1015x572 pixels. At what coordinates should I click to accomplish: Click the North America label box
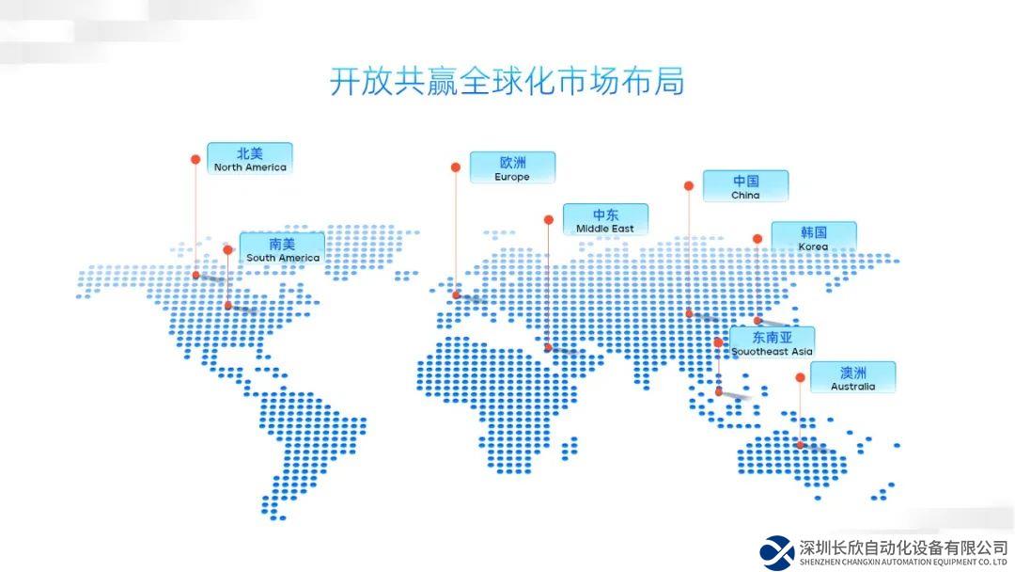click(250, 159)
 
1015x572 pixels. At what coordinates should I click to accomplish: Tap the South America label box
click(282, 248)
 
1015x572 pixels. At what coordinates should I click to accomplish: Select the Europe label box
click(512, 167)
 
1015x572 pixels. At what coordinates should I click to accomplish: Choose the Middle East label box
click(605, 219)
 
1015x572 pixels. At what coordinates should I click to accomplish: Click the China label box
click(745, 186)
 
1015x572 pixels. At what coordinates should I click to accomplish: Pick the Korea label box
click(814, 238)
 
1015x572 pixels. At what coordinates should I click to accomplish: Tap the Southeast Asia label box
click(773, 342)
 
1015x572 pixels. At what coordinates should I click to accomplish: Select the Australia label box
click(853, 377)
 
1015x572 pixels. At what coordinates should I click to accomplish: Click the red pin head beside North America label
click(195, 159)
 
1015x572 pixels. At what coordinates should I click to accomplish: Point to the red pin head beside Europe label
click(456, 167)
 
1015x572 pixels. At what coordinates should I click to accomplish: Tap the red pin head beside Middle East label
click(549, 220)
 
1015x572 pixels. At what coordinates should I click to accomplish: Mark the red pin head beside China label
click(689, 186)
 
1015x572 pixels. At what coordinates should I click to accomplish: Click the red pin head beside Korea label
click(757, 239)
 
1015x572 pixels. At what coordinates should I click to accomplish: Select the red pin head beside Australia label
click(800, 377)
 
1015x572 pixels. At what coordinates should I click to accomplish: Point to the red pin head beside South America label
click(227, 250)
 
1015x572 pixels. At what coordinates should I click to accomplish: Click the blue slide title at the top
click(507, 82)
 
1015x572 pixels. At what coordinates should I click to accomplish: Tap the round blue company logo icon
click(777, 553)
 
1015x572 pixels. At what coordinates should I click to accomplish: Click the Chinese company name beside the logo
click(904, 548)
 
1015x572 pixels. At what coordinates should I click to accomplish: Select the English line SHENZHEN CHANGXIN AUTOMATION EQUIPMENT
click(903, 563)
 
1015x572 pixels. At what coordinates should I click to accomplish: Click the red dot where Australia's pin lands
click(800, 445)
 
